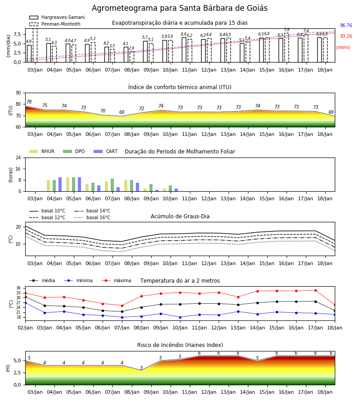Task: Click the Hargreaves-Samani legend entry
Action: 57,17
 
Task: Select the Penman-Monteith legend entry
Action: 55,24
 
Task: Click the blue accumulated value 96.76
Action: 346,25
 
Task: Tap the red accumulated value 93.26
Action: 346,36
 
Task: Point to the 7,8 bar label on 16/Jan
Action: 287,30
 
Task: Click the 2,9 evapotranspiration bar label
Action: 131,48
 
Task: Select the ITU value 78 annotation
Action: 29,102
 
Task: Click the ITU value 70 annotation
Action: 103,111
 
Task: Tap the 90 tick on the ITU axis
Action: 18,93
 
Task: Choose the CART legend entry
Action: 106,151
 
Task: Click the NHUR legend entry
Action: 42,151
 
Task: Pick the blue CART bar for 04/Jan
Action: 60,184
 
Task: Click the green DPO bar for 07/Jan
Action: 112,185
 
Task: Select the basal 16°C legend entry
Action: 92,217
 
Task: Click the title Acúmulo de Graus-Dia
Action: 180,216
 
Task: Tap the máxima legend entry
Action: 117,280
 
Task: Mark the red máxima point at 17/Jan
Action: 315,291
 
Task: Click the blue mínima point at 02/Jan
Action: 25,303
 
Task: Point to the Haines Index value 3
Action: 141,368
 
